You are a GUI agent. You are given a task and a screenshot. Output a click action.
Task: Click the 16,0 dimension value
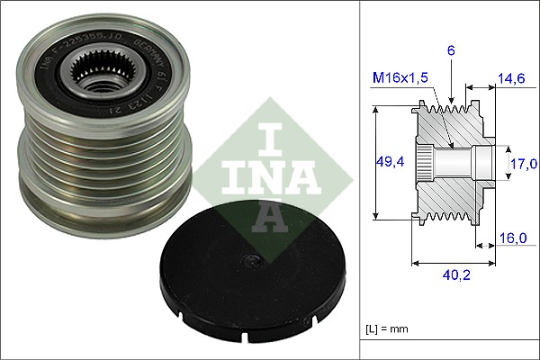tap(511, 238)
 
